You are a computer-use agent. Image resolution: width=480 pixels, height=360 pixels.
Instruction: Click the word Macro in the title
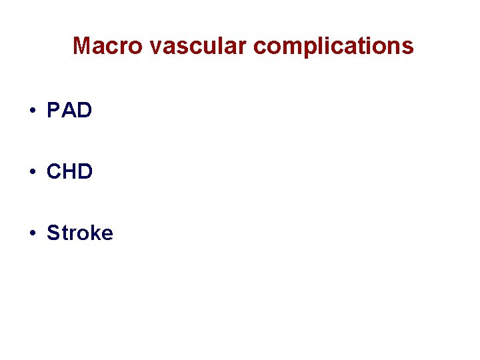[109, 46]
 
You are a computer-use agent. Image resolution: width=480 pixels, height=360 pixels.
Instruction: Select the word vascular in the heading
[200, 46]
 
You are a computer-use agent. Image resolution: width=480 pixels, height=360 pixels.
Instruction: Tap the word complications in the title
[333, 47]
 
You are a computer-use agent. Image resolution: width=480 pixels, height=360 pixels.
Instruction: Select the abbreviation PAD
[69, 110]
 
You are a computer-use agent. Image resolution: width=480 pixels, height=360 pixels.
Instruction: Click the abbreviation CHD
[69, 171]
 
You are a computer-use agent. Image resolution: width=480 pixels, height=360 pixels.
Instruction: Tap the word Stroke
[80, 233]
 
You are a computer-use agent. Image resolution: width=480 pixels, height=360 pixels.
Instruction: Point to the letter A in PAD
[69, 110]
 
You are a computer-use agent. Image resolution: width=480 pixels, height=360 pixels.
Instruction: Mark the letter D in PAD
[84, 110]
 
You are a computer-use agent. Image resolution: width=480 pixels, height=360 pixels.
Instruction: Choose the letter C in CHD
[54, 171]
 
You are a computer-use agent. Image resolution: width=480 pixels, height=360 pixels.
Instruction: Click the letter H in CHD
[69, 171]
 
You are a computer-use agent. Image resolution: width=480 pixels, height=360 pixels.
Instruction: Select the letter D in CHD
[85, 171]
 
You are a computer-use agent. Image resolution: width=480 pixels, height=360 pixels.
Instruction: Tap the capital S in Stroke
[53, 233]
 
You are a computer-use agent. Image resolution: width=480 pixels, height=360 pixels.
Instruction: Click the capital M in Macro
[83, 46]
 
